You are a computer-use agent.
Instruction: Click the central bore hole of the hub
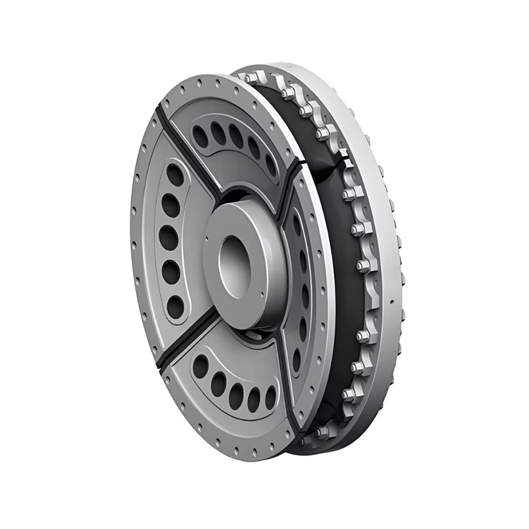pos(233,263)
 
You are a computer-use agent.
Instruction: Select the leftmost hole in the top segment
pos(200,136)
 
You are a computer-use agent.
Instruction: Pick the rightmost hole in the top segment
pos(270,165)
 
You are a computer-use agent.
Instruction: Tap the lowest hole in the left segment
pos(175,306)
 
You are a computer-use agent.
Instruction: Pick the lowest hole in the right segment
pos(296,360)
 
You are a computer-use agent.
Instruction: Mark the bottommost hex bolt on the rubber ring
pos(323,432)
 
